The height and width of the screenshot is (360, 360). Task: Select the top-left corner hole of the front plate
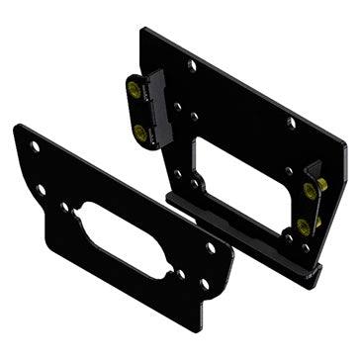pos(34,146)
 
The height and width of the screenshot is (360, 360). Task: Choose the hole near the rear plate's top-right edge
pos(292,124)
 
